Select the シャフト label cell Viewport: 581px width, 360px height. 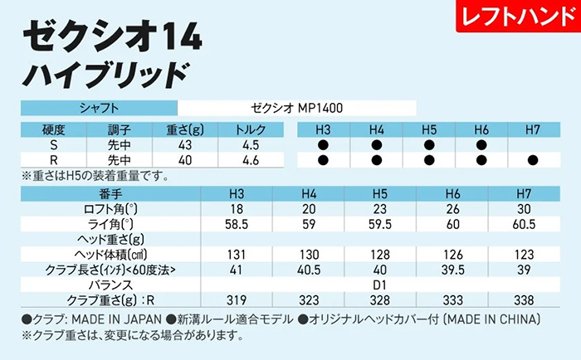point(99,107)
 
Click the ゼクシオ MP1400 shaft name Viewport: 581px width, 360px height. point(297,107)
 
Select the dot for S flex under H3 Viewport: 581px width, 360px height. point(323,145)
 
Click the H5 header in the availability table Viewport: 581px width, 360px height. point(429,130)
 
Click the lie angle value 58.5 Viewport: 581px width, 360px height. point(236,224)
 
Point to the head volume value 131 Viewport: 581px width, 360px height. point(236,254)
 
